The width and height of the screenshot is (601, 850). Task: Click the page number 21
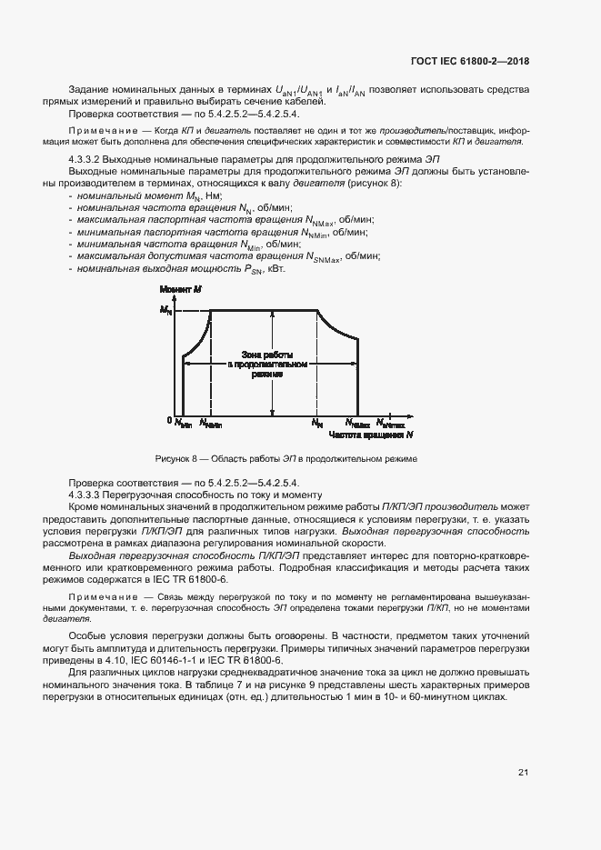[523, 773]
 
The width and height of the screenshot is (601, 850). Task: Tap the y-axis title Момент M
[180, 289]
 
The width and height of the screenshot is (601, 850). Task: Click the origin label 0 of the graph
[168, 421]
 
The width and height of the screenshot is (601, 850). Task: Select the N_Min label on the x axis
[183, 423]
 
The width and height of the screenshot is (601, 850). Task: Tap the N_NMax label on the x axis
[358, 423]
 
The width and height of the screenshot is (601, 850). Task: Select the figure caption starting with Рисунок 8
[286, 459]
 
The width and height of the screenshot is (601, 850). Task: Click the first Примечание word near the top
[100, 131]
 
